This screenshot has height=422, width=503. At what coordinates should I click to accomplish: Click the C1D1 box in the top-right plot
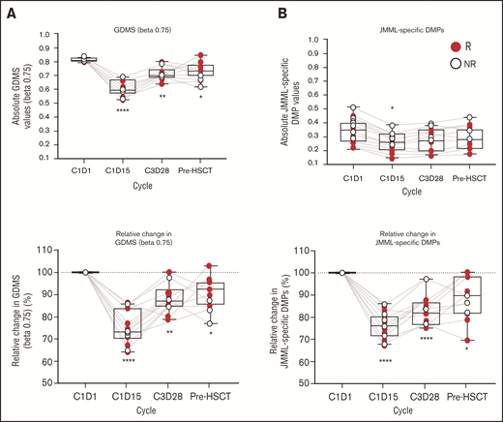[328, 133]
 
